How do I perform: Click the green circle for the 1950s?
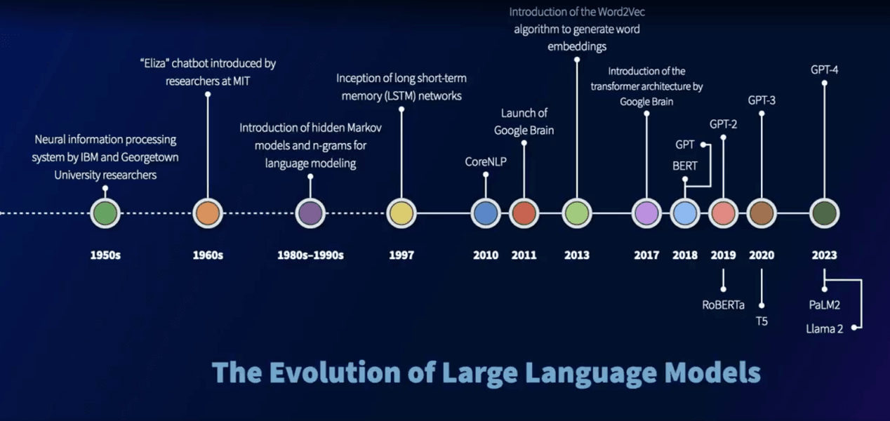[105, 213]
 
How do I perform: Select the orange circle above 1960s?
[208, 213]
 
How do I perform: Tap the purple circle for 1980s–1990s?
[310, 213]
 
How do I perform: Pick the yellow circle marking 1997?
[401, 213]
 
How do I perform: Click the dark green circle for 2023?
[825, 213]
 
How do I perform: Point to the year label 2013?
[577, 255]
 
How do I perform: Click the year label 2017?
[646, 255]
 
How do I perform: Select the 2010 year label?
[486, 255]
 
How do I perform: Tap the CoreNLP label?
[486, 161]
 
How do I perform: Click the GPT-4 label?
[825, 70]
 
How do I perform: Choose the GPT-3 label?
[762, 100]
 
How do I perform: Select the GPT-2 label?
[723, 124]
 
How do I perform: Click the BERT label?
[684, 166]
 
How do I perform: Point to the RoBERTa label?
[723, 305]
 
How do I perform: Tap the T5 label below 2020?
[762, 321]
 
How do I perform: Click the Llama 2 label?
[825, 329]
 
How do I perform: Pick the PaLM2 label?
[825, 305]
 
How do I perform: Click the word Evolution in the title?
[335, 373]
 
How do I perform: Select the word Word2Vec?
[623, 12]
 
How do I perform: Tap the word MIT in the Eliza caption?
[241, 81]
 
